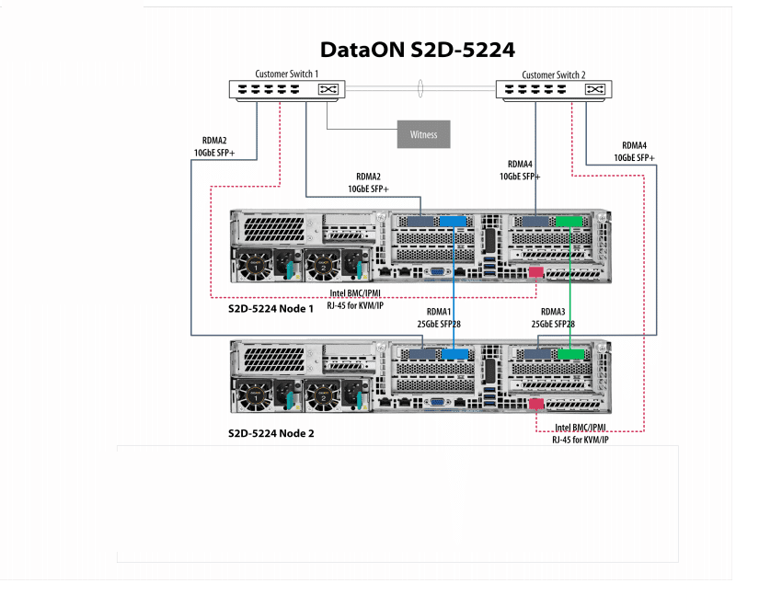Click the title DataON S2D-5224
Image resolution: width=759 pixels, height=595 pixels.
click(x=417, y=50)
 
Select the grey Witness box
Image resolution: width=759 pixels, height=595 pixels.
click(x=424, y=134)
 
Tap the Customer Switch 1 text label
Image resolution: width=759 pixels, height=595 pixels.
click(x=286, y=74)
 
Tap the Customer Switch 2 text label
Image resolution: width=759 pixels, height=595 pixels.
click(x=554, y=74)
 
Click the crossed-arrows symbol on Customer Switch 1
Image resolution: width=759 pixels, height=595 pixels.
click(x=328, y=90)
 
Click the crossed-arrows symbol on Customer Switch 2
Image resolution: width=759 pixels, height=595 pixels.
click(x=595, y=90)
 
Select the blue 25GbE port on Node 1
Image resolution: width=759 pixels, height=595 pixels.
click(x=453, y=222)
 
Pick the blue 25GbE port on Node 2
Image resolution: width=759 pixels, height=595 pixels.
click(x=453, y=354)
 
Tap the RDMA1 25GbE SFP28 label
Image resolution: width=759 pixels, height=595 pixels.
click(x=449, y=318)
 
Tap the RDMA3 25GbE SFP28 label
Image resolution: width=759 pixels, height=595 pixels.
click(x=553, y=318)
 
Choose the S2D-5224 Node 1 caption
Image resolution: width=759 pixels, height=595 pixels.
click(x=270, y=309)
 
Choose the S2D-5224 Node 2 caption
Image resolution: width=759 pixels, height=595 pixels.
click(x=270, y=431)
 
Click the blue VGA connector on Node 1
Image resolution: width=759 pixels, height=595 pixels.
click(x=435, y=272)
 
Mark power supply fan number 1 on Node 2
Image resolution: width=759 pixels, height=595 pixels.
click(x=254, y=397)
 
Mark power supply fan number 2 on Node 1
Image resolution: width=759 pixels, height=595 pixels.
click(x=323, y=266)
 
